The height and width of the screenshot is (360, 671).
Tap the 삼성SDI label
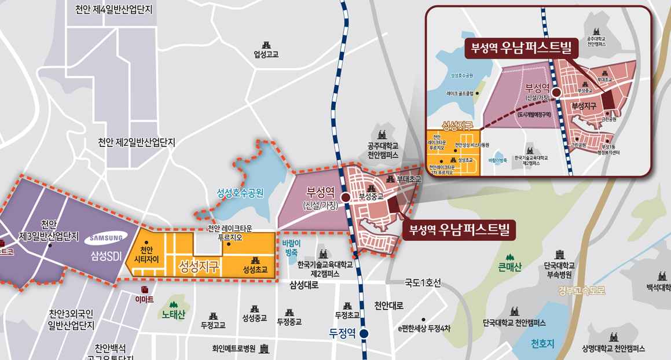(x=106, y=256)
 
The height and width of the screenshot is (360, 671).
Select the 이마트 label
(x=144, y=299)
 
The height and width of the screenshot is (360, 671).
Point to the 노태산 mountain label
(x=173, y=315)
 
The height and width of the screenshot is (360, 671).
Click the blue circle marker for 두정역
(x=364, y=333)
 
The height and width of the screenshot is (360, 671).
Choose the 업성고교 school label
(x=266, y=54)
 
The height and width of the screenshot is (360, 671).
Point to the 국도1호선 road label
(x=423, y=283)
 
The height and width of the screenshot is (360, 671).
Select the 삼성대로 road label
(x=305, y=285)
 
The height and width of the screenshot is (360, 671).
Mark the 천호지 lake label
(x=542, y=343)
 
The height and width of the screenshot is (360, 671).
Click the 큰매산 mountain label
(x=509, y=267)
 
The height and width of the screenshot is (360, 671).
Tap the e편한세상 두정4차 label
(x=424, y=329)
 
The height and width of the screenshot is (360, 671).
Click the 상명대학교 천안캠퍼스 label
(x=613, y=348)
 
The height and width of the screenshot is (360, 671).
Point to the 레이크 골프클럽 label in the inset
(x=460, y=93)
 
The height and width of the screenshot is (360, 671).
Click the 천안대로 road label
(x=388, y=306)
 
